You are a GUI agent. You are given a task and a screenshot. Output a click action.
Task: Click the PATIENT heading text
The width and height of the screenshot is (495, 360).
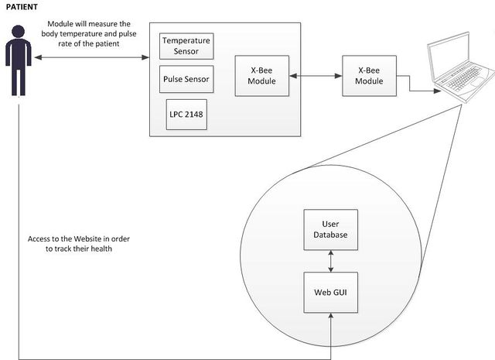point(22,7)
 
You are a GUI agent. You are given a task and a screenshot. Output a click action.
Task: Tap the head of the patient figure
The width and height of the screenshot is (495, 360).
point(19,31)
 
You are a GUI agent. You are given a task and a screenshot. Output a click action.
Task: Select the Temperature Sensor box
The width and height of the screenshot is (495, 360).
point(186,46)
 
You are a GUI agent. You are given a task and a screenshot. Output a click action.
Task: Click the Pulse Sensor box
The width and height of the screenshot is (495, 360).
point(186,79)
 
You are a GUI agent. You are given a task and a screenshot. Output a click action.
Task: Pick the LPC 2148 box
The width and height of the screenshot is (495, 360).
point(186,115)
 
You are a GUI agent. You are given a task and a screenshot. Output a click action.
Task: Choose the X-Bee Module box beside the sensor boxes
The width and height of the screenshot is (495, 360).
point(262,76)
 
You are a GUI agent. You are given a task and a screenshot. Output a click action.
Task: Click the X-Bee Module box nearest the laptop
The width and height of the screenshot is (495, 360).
point(370,76)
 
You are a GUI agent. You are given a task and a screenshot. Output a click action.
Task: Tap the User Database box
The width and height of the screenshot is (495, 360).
point(331,230)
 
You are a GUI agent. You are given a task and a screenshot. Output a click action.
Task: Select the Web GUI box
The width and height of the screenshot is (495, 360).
point(331,293)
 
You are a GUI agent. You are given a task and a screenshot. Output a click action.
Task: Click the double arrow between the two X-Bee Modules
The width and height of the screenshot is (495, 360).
point(316,76)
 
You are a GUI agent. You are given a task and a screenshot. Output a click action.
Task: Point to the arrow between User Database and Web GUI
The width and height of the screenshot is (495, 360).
point(331,261)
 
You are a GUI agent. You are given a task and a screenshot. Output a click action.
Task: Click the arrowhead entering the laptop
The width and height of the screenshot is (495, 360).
point(437,91)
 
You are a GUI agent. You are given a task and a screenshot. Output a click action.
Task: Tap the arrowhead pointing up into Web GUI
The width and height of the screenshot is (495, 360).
point(331,317)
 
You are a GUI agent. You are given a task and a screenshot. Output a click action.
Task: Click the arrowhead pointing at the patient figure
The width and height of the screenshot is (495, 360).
point(38,57)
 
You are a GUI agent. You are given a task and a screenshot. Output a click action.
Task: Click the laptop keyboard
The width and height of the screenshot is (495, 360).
point(464,77)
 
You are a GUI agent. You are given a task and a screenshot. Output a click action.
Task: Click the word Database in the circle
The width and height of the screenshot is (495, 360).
point(330,235)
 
